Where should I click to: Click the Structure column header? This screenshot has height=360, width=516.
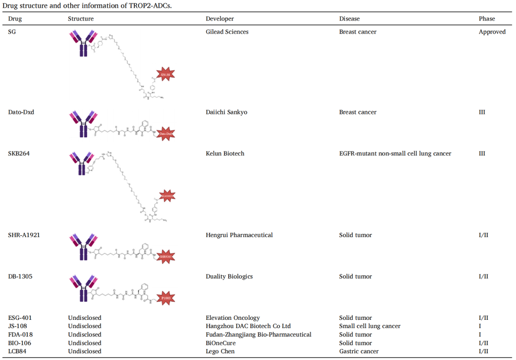tap(81, 19)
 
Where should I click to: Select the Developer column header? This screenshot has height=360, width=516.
tap(220, 19)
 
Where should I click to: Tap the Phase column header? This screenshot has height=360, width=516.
tap(487, 19)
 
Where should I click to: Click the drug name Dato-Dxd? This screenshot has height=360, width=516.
tap(21, 112)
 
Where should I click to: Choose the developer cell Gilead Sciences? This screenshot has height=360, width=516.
tap(227, 32)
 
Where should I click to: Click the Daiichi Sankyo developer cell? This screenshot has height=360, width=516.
tap(226, 112)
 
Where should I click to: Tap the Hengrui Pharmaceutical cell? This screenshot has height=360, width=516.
tap(239, 235)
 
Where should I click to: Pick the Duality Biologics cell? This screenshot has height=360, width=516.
tap(229, 276)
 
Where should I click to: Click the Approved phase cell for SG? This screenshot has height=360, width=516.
tap(492, 32)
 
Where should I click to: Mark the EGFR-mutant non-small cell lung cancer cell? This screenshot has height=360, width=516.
tap(395, 153)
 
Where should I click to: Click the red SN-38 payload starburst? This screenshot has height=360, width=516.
tap(165, 74)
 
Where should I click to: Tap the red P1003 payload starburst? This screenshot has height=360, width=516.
tap(165, 298)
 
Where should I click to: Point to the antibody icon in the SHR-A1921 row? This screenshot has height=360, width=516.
tap(84, 247)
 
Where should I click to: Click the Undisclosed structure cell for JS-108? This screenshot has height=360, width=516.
tap(85, 326)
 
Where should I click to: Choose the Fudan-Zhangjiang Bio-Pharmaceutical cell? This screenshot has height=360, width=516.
tap(258, 335)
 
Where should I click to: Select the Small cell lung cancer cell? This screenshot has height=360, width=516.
tap(370, 326)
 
